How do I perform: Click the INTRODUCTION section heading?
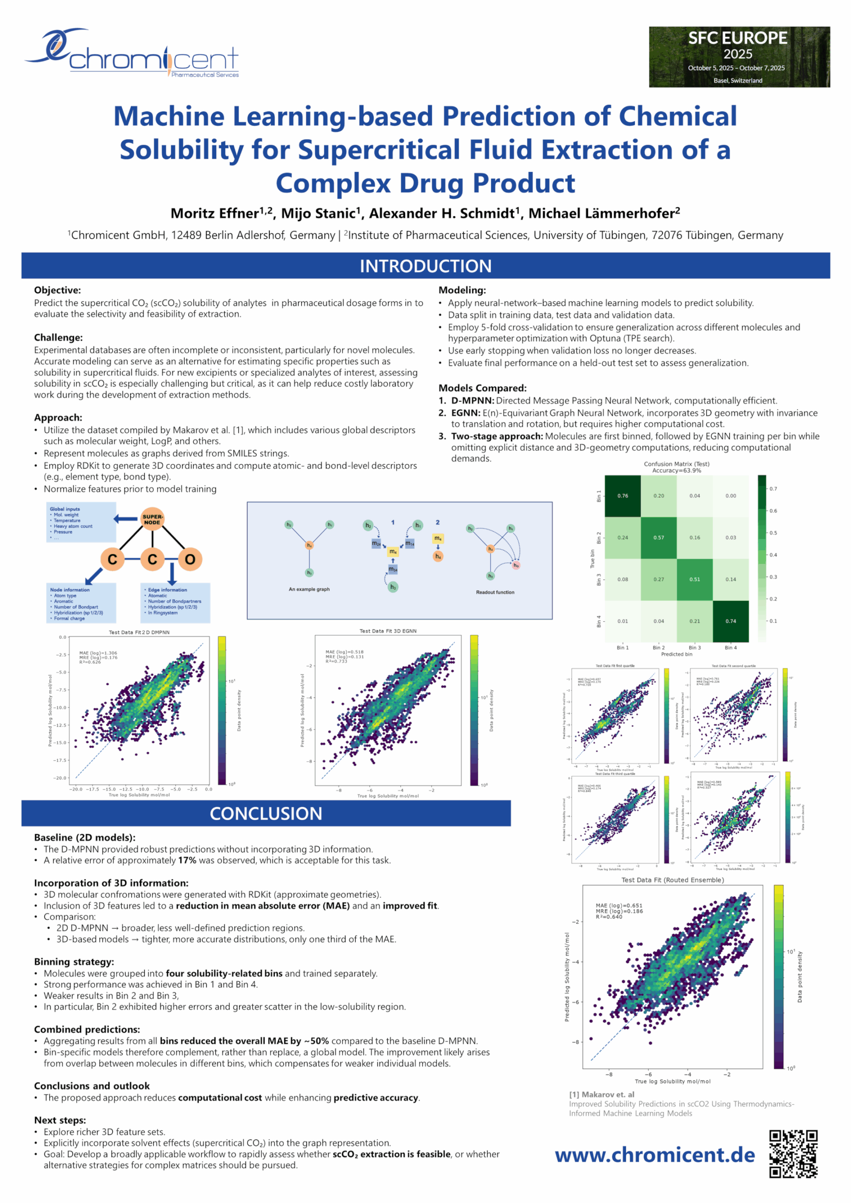point(426,266)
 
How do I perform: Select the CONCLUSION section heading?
point(265,813)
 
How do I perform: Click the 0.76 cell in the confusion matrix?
point(623,496)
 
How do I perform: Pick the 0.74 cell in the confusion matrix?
point(731,621)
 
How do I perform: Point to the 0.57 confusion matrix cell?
point(659,538)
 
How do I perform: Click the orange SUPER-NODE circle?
point(153,519)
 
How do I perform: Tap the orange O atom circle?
point(190,560)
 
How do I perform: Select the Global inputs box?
point(81,522)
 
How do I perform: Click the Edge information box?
point(175,602)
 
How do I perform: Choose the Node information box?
point(81,603)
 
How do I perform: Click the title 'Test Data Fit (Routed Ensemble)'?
point(672,880)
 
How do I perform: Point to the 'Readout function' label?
point(495,592)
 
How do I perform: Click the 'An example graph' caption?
point(309,589)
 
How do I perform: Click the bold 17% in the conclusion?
point(187,860)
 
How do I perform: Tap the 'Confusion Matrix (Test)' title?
point(677,464)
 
